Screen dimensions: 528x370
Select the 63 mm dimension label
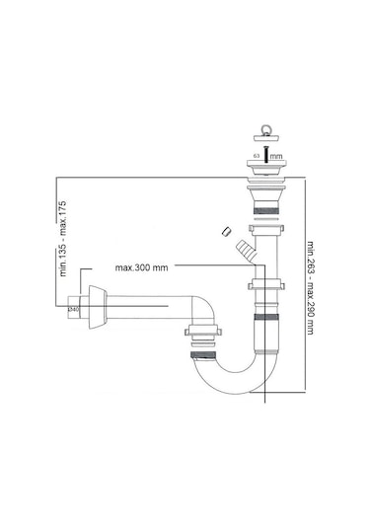point(257,183)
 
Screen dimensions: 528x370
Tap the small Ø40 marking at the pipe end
point(71,309)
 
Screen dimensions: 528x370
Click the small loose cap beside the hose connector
point(225,232)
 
